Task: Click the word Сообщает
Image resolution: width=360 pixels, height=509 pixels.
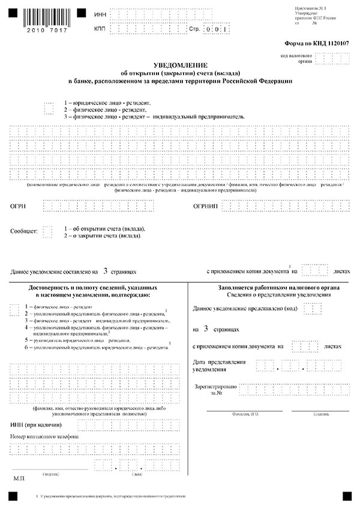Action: coord(24,231)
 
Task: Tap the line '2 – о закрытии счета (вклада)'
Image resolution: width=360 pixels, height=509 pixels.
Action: coord(103,236)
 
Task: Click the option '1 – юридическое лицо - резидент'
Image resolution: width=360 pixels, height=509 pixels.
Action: coord(107,103)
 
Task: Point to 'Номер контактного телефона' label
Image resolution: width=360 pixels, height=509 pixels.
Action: coord(44,436)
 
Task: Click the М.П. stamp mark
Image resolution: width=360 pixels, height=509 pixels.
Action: coord(17,481)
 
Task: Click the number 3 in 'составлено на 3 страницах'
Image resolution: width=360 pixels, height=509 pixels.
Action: coord(106,271)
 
